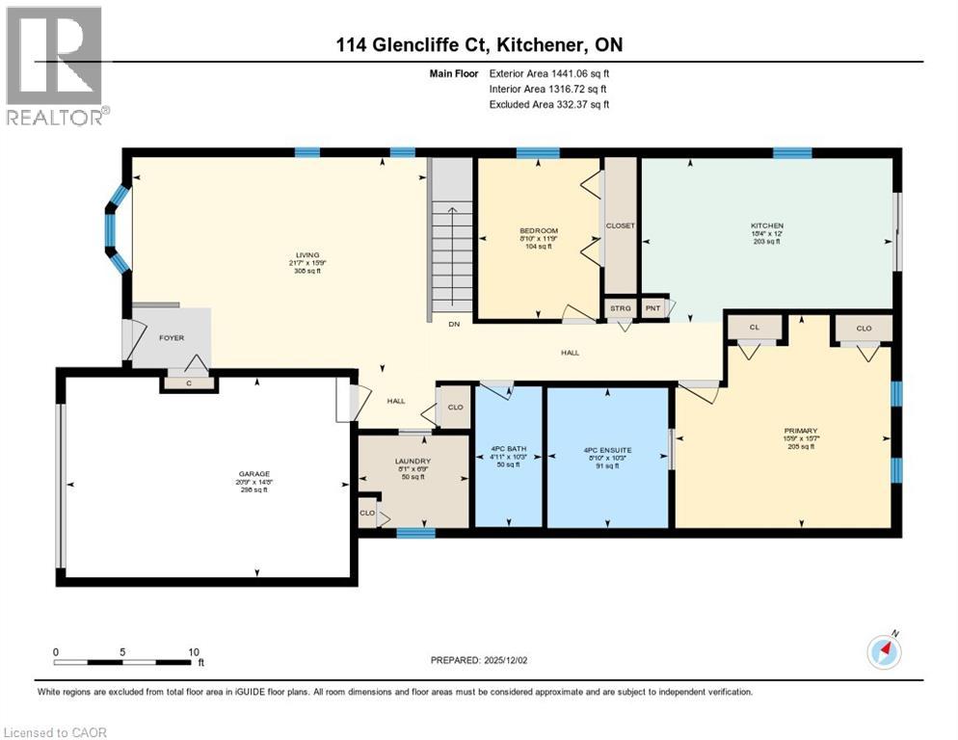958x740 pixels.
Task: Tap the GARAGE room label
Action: pos(253,474)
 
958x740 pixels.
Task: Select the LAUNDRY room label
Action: pos(412,462)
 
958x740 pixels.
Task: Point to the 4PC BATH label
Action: pos(508,450)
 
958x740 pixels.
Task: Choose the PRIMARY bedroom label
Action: pos(800,431)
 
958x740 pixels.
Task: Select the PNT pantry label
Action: pos(654,308)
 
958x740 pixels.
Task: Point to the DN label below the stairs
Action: pos(453,325)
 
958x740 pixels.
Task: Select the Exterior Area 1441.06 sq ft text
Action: pos(548,72)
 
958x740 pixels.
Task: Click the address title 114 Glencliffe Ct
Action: pos(478,45)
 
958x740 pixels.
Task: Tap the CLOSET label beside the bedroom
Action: pos(620,225)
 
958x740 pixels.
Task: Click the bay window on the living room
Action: pos(118,229)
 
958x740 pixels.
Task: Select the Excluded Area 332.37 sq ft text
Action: pos(548,104)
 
